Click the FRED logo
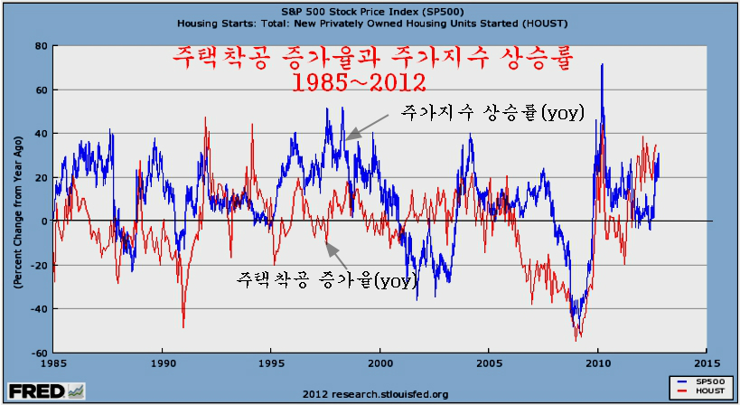46,391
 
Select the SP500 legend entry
701,381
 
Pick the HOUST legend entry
701,391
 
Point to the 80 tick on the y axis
41,46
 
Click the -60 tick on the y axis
39,353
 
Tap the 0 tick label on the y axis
44,221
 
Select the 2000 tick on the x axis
379,363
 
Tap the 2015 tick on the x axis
707,363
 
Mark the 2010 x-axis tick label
597,363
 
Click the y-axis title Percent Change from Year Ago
18,212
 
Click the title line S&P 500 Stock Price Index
372,12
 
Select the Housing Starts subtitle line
372,24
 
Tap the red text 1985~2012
359,82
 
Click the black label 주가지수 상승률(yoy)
492,112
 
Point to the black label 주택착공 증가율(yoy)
326,279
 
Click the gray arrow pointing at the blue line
367,127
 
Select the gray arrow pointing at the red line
336,255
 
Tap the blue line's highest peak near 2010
602,64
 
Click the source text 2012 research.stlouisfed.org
375,394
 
